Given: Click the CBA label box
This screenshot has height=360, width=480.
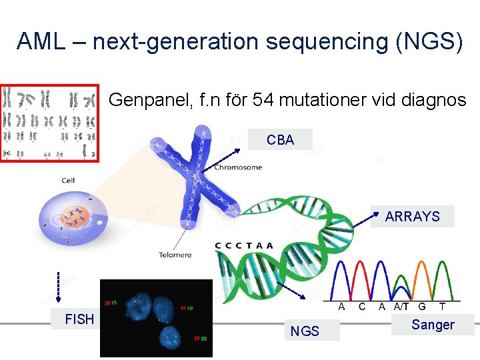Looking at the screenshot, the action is click(280, 139).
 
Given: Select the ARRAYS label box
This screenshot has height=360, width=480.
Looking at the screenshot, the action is click(412, 217).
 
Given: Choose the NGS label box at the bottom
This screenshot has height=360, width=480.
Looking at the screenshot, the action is click(305, 331).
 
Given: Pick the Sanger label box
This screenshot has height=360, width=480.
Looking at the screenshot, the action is click(433, 325).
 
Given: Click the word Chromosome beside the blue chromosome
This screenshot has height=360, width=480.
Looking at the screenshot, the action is click(238, 167).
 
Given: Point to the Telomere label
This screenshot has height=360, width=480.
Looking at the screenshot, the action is click(175, 255).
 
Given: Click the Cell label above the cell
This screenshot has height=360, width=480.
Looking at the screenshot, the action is click(68, 181).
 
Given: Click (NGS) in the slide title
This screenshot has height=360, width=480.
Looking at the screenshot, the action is click(429, 41).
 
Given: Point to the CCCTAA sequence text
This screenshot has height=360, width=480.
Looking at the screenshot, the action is click(244, 245).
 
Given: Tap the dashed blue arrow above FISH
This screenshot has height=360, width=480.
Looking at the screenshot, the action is click(58, 287).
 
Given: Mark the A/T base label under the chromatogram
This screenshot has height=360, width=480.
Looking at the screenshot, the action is click(401, 307).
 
